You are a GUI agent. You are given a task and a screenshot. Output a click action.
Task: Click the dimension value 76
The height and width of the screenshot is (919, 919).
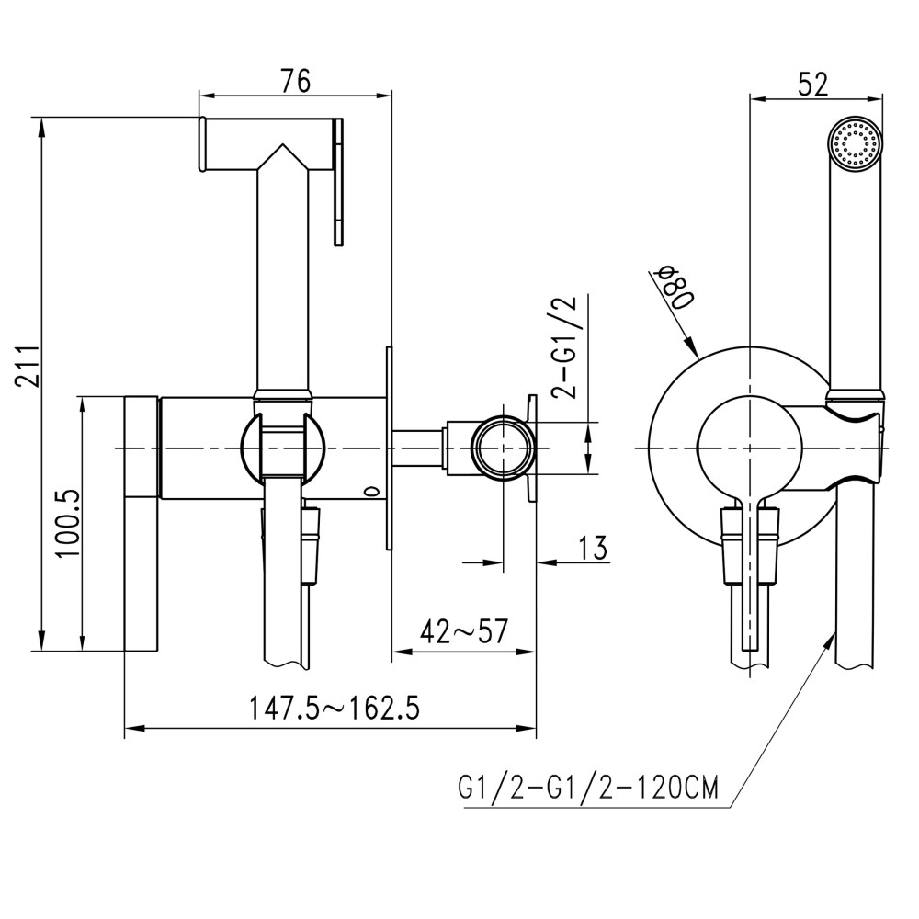295,81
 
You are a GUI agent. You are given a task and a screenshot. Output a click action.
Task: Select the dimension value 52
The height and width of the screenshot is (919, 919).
812,84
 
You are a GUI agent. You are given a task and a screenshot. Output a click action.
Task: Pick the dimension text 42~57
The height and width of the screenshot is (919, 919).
464,631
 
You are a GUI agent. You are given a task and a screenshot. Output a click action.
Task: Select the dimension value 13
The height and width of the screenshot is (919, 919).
593,548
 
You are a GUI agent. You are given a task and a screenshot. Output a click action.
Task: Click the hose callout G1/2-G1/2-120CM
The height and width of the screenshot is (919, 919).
587,789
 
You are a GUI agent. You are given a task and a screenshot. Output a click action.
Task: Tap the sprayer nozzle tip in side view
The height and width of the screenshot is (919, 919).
201,143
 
